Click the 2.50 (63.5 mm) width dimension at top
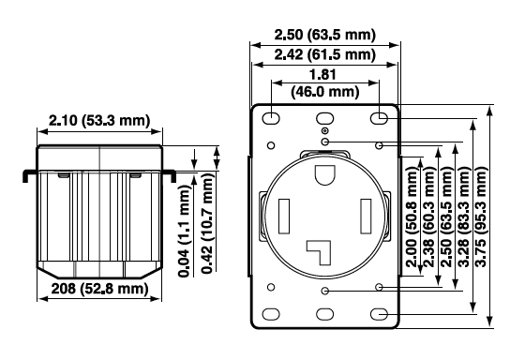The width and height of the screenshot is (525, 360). click(x=325, y=36)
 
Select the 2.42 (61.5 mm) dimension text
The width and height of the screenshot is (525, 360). click(x=325, y=55)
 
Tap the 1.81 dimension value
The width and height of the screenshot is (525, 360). click(x=324, y=75)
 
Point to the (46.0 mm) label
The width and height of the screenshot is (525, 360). click(x=324, y=92)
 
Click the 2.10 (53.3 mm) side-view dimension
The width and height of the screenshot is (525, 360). click(x=99, y=119)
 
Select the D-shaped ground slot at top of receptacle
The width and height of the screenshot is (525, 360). click(x=324, y=175)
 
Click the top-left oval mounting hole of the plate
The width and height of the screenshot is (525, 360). click(x=269, y=118)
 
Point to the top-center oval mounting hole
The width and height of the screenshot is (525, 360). click(x=324, y=118)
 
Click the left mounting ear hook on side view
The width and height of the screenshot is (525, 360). click(x=27, y=174)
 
